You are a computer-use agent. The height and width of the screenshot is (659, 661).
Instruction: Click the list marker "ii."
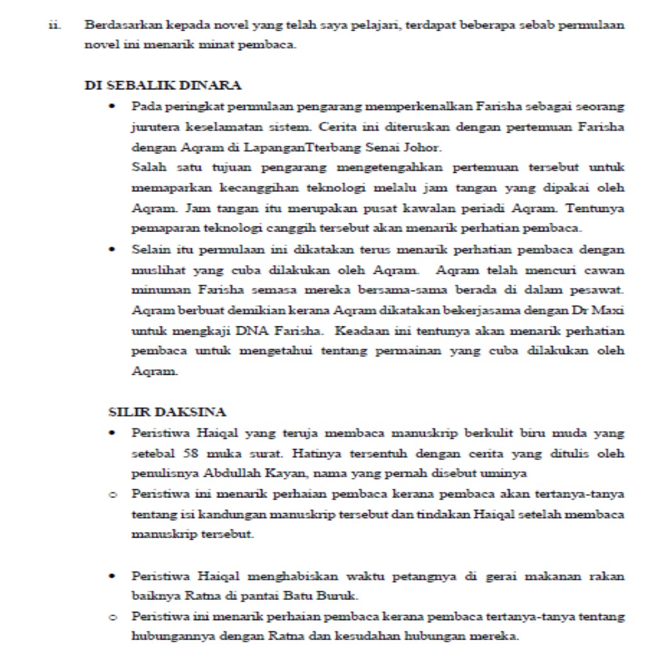pos(53,28)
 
